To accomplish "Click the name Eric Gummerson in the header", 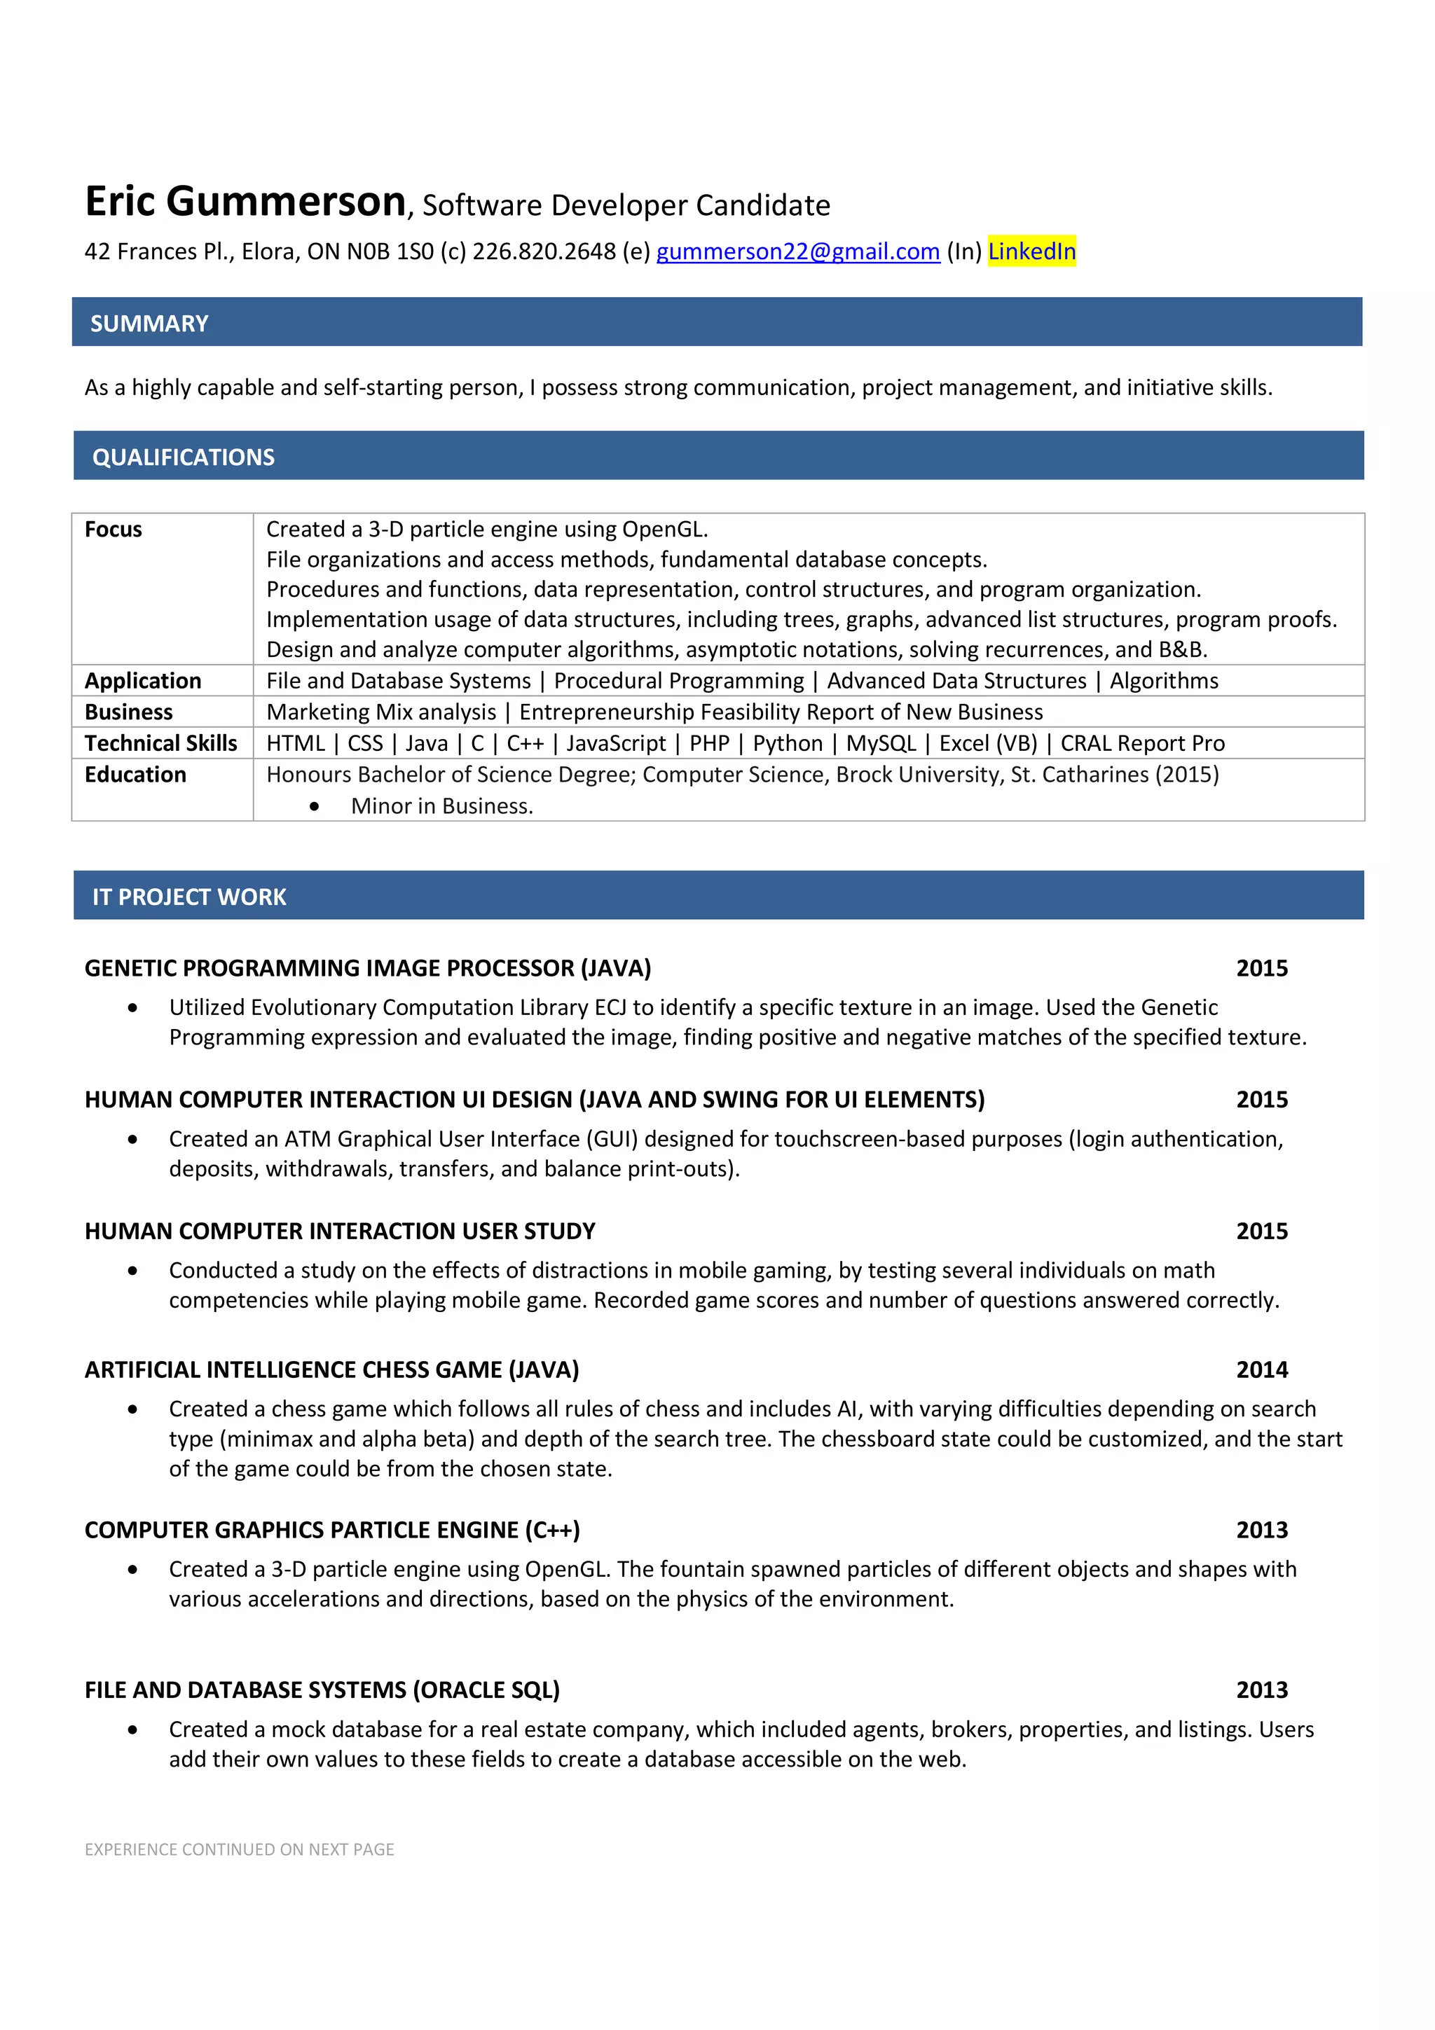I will tap(245, 202).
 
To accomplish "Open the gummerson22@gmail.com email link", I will tap(797, 252).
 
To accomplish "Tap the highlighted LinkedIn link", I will tap(1031, 252).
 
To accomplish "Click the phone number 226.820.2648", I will tap(544, 252).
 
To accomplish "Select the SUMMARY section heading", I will tap(149, 324).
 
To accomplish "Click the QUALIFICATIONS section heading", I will tap(183, 457).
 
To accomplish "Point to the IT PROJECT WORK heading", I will tap(189, 897).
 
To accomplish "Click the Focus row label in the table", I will tap(114, 530).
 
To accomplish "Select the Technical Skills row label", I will tap(161, 744).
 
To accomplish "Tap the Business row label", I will tap(129, 712).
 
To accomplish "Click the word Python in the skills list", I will tap(787, 744).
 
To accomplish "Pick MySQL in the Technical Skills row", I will tap(881, 744).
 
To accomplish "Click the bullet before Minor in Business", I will tap(315, 806).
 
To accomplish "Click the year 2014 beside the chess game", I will tap(1262, 1369).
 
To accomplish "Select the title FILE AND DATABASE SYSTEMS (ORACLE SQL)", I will tap(322, 1690).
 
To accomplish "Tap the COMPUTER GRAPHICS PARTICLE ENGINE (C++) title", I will tap(332, 1530).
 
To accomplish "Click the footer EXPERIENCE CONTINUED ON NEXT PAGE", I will tap(240, 1850).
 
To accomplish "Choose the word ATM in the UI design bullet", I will tap(307, 1139).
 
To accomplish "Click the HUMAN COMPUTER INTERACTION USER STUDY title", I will tap(340, 1231).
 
